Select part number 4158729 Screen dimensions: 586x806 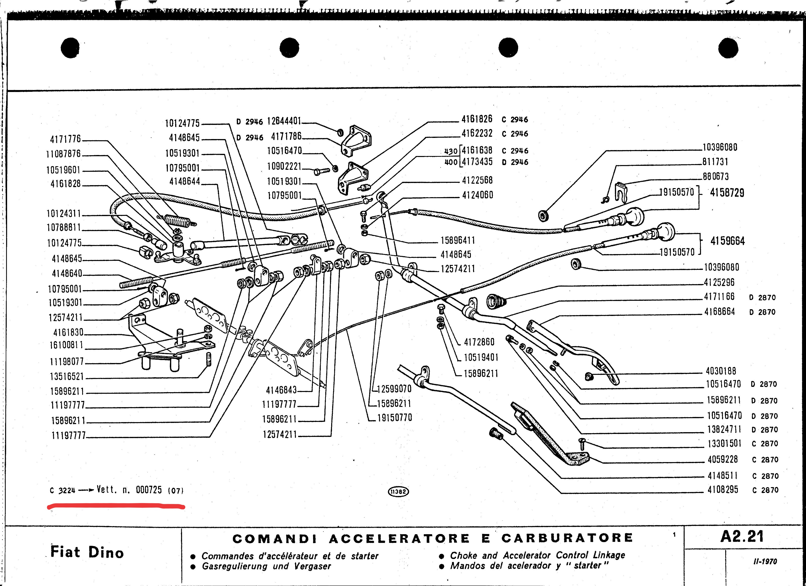pyautogui.click(x=727, y=193)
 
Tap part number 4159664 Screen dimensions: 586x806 pyautogui.click(x=727, y=241)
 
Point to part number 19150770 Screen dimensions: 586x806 pyautogui.click(x=394, y=418)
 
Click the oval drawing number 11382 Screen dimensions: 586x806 pyautogui.click(x=398, y=491)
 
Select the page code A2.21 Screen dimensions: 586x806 pyautogui.click(x=742, y=537)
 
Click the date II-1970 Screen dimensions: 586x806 pyautogui.click(x=765, y=562)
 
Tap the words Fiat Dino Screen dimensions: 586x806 pyautogui.click(x=87, y=552)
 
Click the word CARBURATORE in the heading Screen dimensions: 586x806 pyautogui.click(x=567, y=538)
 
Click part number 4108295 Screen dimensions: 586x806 pyautogui.click(x=723, y=490)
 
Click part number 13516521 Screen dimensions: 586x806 pyautogui.click(x=67, y=376)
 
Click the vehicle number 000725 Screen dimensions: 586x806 pyautogui.click(x=149, y=490)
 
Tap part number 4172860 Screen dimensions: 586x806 pyautogui.click(x=479, y=342)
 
